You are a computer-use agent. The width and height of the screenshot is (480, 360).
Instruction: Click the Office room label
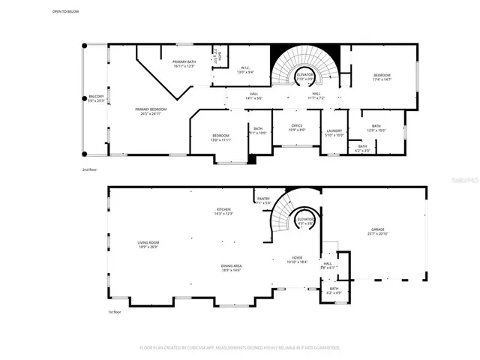click(x=297, y=127)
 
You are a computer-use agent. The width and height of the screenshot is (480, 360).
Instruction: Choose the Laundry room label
click(x=334, y=133)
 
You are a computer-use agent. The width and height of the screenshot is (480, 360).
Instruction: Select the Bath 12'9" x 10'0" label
click(x=376, y=128)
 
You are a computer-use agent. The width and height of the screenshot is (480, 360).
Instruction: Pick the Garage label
click(x=376, y=231)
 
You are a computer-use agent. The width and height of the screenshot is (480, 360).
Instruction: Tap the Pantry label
click(x=263, y=200)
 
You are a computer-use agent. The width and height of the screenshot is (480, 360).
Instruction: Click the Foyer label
click(x=298, y=259)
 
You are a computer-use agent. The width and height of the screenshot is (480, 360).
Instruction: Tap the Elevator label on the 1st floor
click(x=305, y=220)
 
